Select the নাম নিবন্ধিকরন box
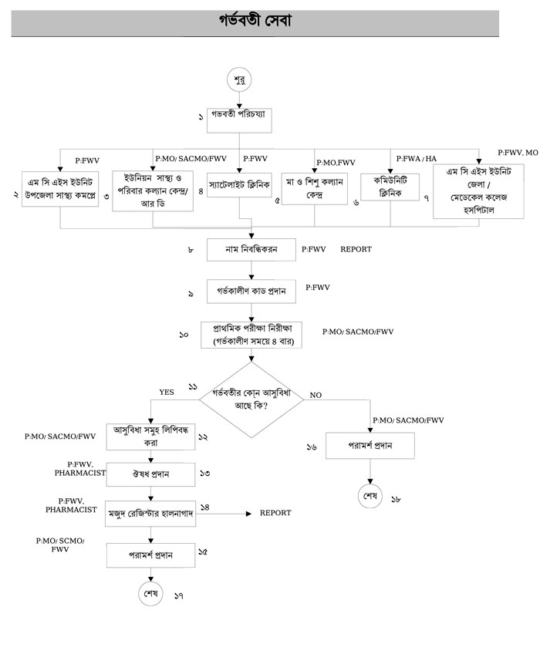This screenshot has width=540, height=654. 251,250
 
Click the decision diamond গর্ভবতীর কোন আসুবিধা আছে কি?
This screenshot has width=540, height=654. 255,396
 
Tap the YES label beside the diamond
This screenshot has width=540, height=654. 167,392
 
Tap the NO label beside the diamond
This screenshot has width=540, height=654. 315,395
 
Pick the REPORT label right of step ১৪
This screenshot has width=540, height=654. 275,512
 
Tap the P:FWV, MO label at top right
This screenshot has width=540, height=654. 518,153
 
